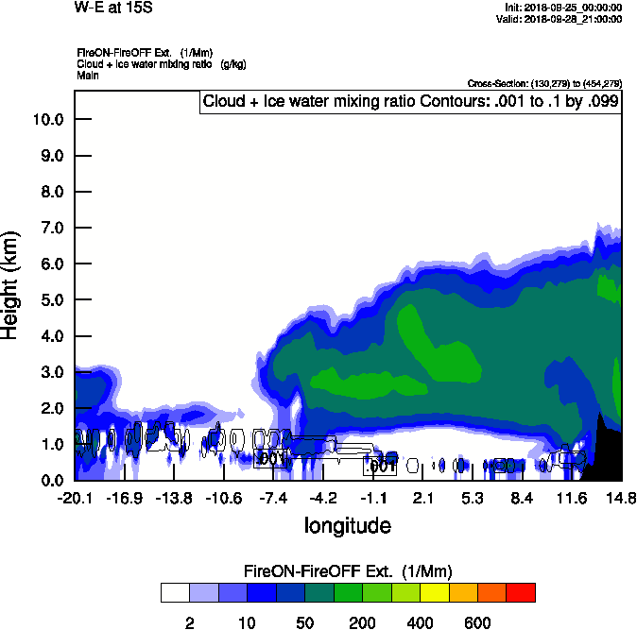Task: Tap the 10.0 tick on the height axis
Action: pyautogui.click(x=47, y=120)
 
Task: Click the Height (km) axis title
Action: pyautogui.click(x=12, y=285)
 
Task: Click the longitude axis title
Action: pyautogui.click(x=347, y=525)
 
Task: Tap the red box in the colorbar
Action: pyautogui.click(x=520, y=593)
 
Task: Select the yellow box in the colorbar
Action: pyautogui.click(x=434, y=593)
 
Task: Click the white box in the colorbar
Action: pyautogui.click(x=176, y=593)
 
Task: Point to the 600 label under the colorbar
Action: pyautogui.click(x=477, y=622)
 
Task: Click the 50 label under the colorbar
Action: pyautogui.click(x=305, y=622)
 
